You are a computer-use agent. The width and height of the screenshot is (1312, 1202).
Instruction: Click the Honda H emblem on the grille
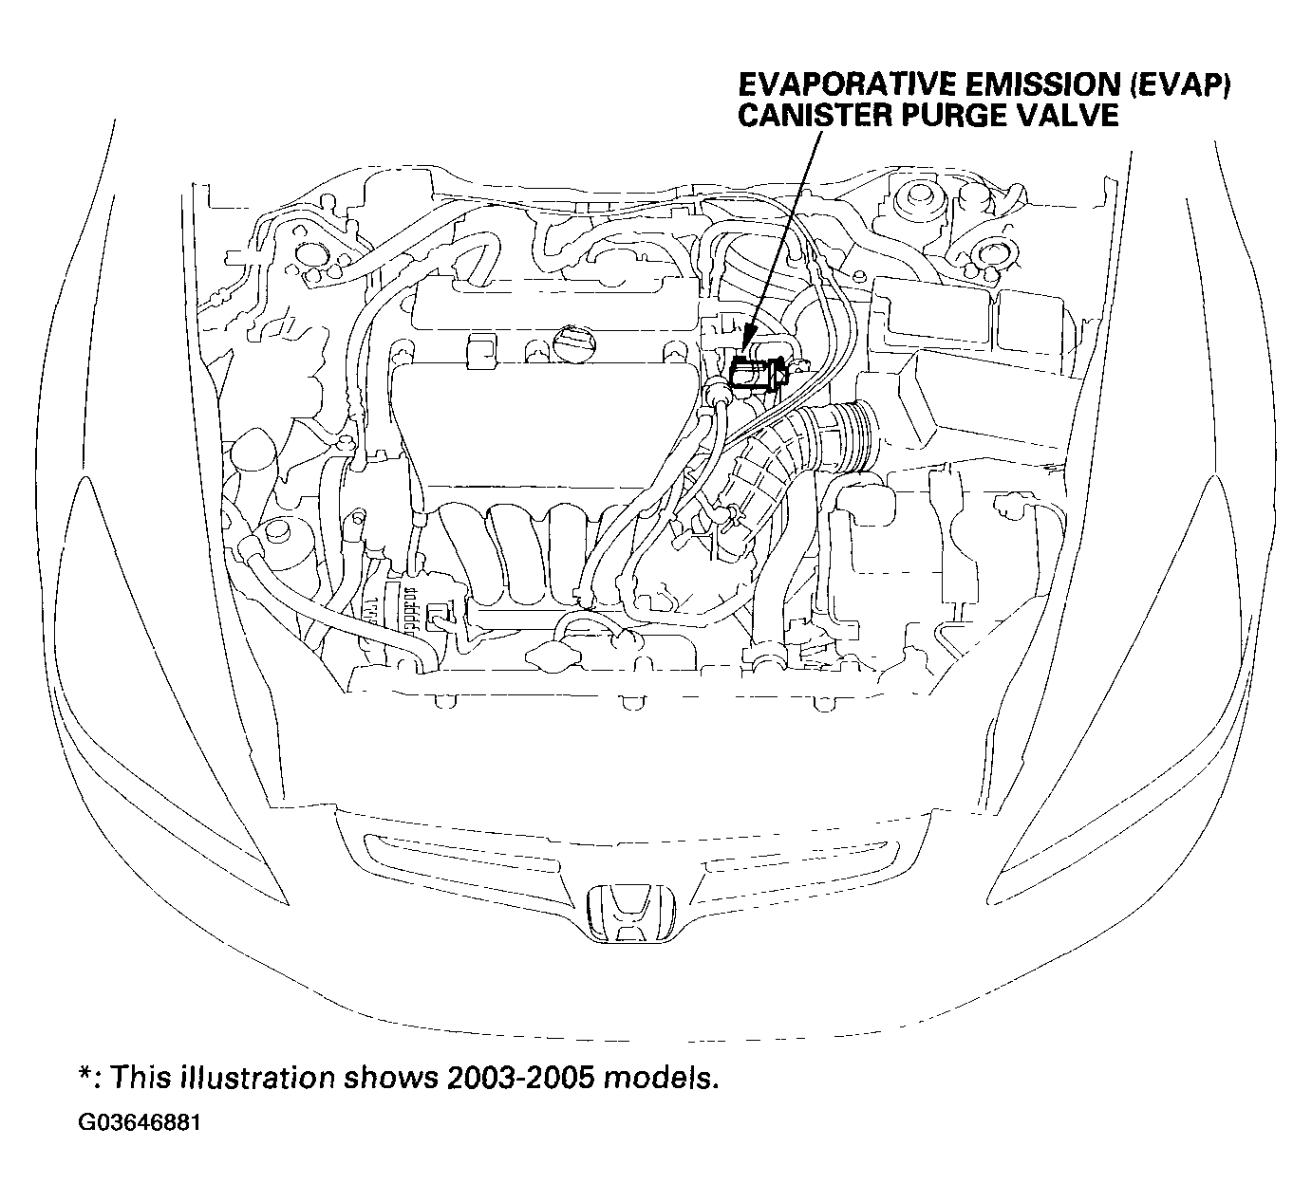click(630, 913)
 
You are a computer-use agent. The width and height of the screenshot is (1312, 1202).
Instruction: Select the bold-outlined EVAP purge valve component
click(759, 375)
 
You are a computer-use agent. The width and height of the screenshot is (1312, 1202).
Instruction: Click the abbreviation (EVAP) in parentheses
click(1178, 85)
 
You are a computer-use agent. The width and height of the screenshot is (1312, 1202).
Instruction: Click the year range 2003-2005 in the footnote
click(521, 1078)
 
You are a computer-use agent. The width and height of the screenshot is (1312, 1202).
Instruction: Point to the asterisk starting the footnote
click(85, 1073)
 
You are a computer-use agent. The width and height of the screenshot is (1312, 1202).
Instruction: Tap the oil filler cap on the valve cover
click(573, 342)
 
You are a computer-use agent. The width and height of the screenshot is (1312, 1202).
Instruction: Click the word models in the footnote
click(661, 1078)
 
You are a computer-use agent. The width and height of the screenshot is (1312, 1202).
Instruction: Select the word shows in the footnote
click(391, 1078)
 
